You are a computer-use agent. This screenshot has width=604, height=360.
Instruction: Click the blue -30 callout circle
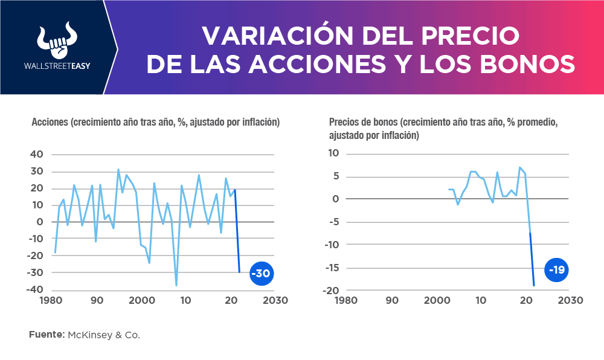tap(261, 274)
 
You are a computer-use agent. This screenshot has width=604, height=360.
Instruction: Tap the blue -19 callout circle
tap(556, 269)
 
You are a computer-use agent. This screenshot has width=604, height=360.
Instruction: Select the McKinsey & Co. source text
tap(103, 334)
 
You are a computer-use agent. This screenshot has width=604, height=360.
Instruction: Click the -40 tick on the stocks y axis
tap(34, 289)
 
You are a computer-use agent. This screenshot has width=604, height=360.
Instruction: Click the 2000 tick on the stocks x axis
tap(142, 300)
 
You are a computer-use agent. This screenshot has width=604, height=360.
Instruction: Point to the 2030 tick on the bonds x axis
tap(570, 300)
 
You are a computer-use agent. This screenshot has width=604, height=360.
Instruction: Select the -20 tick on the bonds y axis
tap(332, 291)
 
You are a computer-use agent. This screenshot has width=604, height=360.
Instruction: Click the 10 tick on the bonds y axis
tap(335, 153)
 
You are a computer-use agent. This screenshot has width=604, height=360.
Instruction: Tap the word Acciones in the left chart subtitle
tap(50, 123)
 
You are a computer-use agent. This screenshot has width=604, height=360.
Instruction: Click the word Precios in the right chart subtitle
tap(345, 123)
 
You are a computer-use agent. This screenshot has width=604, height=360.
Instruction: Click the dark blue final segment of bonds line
tap(532, 260)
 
